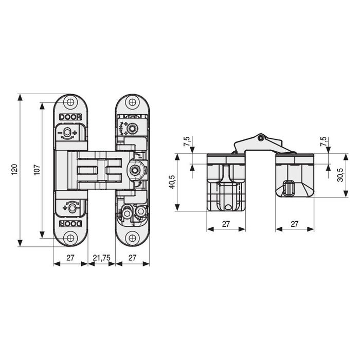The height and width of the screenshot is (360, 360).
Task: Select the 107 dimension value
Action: [x=37, y=170]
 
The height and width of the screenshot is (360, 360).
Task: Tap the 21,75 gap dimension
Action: [x=101, y=257]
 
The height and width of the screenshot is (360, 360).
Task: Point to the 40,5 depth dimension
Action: [x=172, y=182]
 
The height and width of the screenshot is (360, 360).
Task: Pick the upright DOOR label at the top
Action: [x=70, y=117]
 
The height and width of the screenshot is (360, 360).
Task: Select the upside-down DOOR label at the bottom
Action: [x=70, y=224]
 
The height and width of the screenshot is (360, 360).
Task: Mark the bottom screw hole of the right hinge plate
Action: [x=132, y=238]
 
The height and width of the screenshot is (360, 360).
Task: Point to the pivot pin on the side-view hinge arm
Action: [x=261, y=138]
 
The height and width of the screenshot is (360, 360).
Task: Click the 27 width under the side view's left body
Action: [x=226, y=224]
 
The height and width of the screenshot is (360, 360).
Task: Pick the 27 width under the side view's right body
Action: [x=295, y=224]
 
